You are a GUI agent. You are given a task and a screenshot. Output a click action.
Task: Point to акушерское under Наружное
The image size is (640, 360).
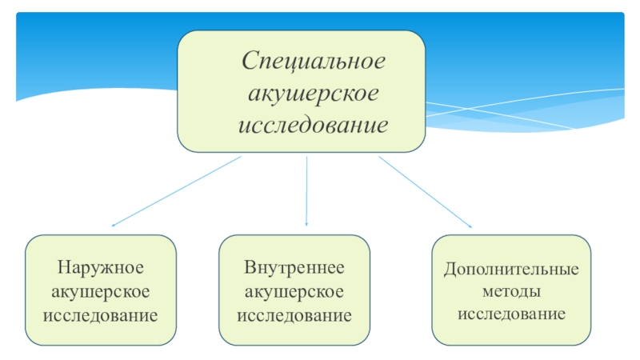click(x=100, y=290)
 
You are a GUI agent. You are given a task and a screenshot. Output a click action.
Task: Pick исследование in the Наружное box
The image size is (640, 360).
click(x=100, y=314)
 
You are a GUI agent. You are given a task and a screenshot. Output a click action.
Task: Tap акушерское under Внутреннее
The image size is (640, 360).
click(x=294, y=290)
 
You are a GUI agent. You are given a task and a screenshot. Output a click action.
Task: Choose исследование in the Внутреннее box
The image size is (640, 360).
click(x=294, y=314)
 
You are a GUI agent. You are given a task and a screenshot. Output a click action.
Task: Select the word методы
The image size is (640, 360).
click(x=512, y=291)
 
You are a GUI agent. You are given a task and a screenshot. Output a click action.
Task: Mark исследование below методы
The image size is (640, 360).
click(x=512, y=313)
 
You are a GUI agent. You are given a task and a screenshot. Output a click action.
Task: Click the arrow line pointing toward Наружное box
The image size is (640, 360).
click(x=176, y=191)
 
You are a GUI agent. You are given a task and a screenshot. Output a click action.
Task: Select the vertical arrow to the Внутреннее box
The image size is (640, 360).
click(x=307, y=190)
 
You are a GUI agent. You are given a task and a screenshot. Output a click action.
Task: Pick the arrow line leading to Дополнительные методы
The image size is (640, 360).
click(x=424, y=191)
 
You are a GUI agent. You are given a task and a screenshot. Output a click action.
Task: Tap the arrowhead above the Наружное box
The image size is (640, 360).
click(x=114, y=225)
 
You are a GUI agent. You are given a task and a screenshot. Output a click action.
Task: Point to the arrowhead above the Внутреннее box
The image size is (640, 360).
click(x=307, y=224)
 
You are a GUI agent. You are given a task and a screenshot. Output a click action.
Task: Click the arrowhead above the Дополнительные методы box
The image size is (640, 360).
click(x=470, y=226)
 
